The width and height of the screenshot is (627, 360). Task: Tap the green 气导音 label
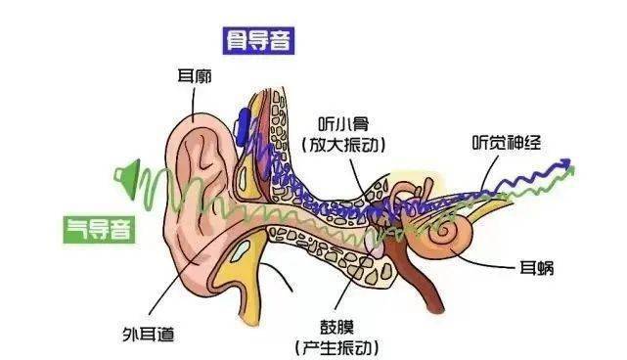coord(99,230)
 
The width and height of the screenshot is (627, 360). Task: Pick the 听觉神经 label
coord(507,140)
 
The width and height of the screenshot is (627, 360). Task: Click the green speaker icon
coord(124,177)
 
